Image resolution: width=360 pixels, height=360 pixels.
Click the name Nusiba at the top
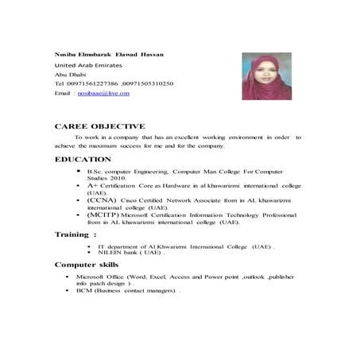(66, 53)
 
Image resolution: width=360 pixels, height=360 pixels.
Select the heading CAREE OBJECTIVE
(99, 126)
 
